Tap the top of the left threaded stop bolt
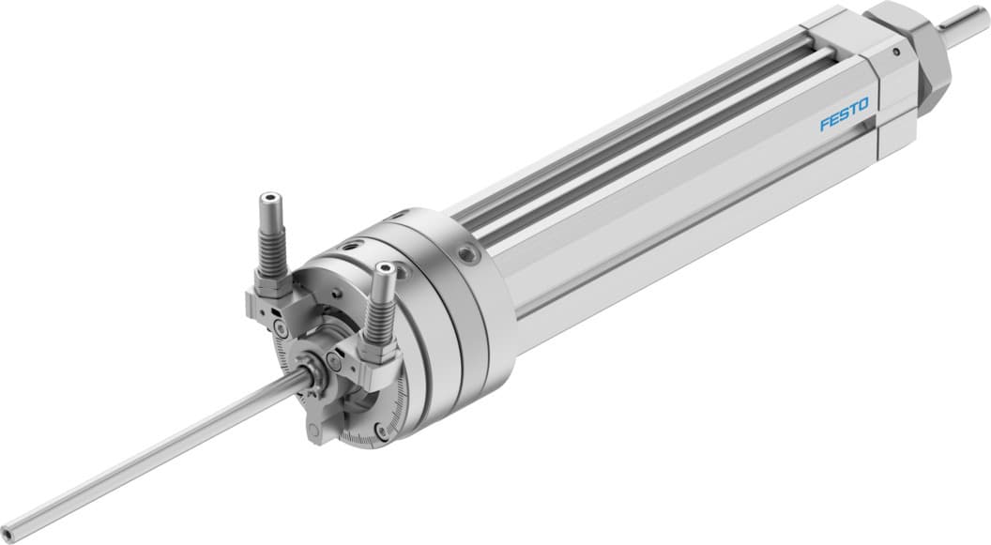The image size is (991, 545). pyautogui.click(x=269, y=199)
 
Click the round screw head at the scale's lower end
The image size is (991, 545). pyautogui.click(x=380, y=432)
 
